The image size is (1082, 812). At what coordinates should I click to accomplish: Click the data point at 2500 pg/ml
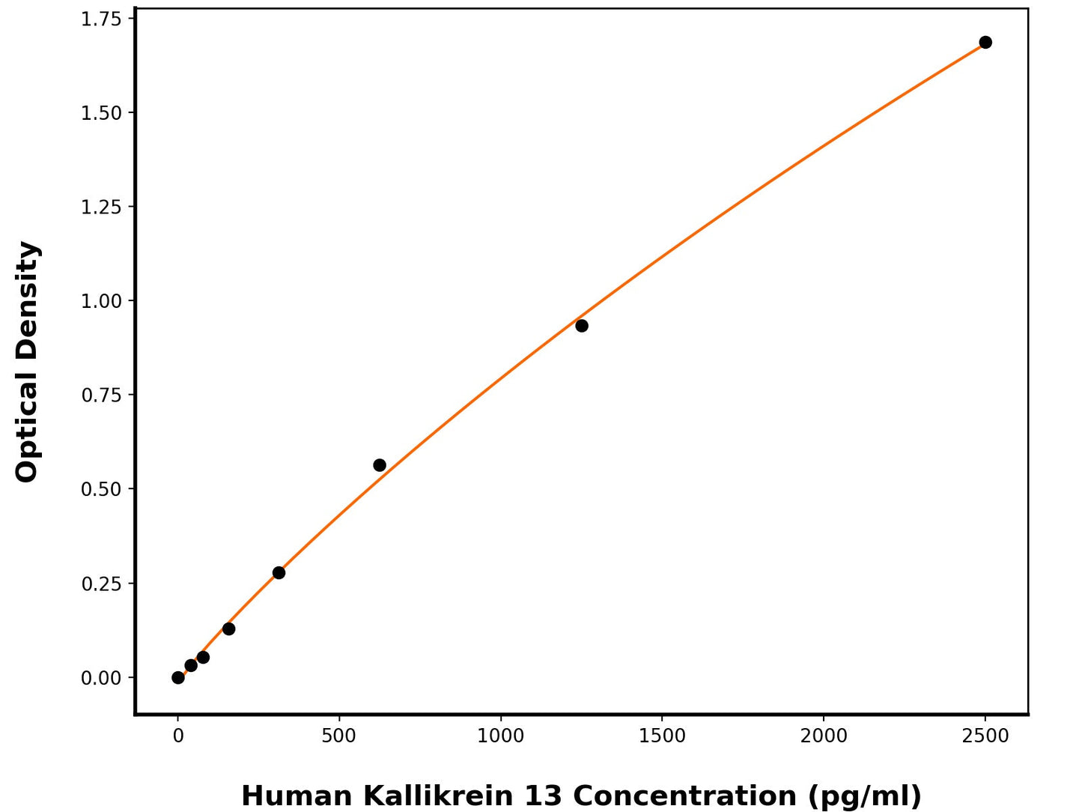[x=985, y=42]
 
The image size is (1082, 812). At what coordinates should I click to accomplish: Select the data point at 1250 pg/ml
[x=582, y=326]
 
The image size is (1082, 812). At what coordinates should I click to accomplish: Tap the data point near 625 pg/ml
[x=380, y=465]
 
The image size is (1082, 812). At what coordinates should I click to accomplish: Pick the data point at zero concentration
[x=178, y=677]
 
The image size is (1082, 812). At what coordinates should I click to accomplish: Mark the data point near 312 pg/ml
[x=279, y=573]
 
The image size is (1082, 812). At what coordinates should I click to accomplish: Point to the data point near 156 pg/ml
[x=228, y=628]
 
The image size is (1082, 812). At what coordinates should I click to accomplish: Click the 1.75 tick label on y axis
[x=101, y=19]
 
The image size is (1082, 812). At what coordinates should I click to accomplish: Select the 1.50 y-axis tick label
[x=101, y=113]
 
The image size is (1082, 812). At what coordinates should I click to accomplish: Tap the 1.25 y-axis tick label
[x=101, y=207]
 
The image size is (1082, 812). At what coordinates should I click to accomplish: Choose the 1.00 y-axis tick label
[x=101, y=301]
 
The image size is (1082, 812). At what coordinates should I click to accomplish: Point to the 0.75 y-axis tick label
[x=101, y=395]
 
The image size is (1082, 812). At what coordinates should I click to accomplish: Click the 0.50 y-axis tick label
[x=101, y=489]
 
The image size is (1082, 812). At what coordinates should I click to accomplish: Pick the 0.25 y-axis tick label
[x=101, y=584]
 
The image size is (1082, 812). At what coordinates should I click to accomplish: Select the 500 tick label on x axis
[x=339, y=736]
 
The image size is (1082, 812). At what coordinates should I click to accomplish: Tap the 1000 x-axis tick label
[x=501, y=736]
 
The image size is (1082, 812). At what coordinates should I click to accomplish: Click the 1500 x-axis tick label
[x=662, y=736]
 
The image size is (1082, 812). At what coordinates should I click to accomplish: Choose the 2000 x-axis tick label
[x=824, y=736]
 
